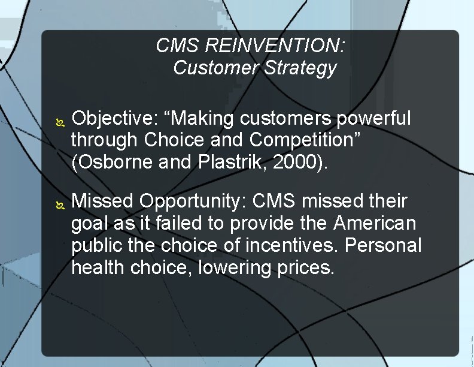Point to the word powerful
point(373,119)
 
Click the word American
point(375,222)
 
